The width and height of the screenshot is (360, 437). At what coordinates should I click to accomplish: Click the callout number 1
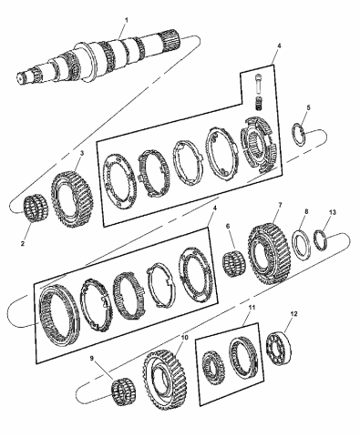127,20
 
